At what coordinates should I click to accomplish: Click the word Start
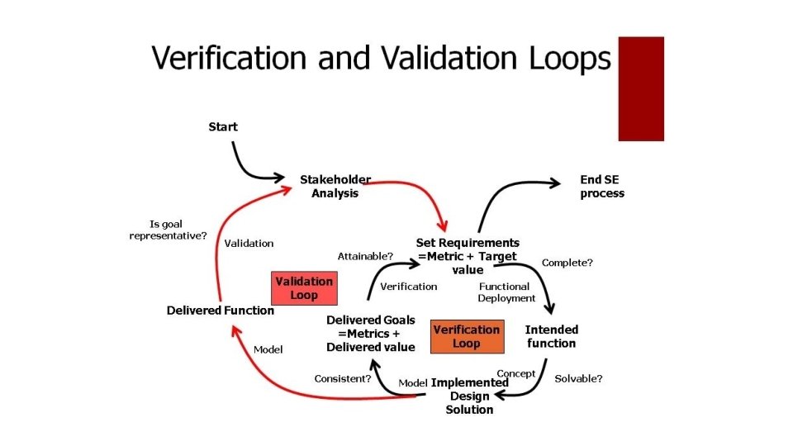click(x=222, y=126)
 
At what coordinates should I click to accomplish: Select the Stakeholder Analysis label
click(x=335, y=186)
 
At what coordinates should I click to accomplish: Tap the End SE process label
click(x=601, y=187)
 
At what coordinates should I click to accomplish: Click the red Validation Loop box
click(x=304, y=288)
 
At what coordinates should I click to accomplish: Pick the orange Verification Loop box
click(x=466, y=336)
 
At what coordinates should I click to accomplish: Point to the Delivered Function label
click(x=220, y=311)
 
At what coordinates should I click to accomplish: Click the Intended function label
click(x=552, y=336)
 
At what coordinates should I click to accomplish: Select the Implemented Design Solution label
click(x=469, y=396)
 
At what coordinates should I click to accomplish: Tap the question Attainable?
click(x=365, y=256)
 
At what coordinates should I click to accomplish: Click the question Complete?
click(x=567, y=263)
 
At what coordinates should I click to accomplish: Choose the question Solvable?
click(x=578, y=379)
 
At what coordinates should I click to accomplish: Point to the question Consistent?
click(x=342, y=379)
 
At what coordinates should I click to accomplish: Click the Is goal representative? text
click(x=167, y=230)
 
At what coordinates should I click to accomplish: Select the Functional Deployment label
click(x=506, y=292)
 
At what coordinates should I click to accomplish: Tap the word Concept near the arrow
click(x=516, y=373)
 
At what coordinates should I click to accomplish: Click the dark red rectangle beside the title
click(x=641, y=88)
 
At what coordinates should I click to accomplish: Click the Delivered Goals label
click(x=370, y=333)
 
